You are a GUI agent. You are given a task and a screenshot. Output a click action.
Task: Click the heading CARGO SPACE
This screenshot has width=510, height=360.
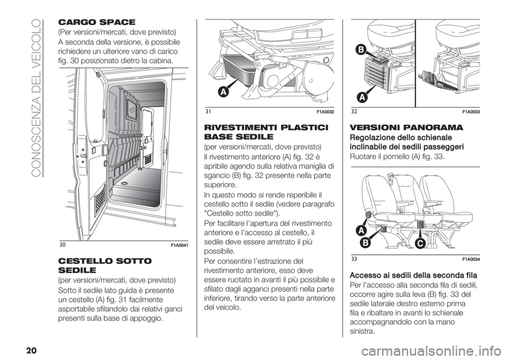(96, 22)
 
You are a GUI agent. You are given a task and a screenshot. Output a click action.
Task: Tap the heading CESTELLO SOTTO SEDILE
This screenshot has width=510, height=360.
(105, 265)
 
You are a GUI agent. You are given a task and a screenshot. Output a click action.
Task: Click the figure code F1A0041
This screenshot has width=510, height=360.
(180, 245)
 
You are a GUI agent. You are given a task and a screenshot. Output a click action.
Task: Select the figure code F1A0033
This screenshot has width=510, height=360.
(472, 112)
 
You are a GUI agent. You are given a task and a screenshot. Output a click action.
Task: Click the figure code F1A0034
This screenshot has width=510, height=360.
(472, 259)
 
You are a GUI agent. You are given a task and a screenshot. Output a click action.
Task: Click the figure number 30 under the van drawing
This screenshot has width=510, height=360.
(62, 245)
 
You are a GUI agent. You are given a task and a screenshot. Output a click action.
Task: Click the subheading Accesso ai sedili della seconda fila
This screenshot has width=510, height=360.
(413, 276)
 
